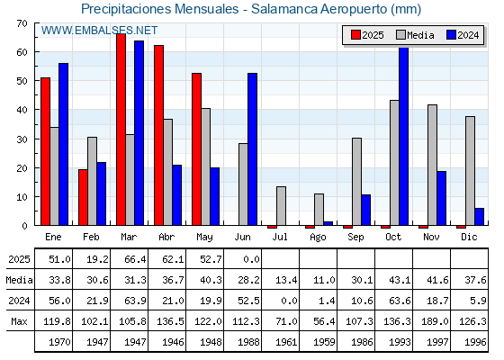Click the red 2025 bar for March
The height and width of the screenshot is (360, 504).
coord(121,130)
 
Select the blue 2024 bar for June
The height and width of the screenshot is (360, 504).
coord(252,149)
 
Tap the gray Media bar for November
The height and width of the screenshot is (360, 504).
coord(432,165)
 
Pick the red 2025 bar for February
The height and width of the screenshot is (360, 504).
coord(83,197)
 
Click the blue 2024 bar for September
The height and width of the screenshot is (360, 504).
coord(365,210)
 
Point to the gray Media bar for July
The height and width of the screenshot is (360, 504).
coord(281,206)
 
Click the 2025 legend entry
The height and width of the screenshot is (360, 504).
coord(367,35)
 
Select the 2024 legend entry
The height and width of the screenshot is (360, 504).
coord(463,35)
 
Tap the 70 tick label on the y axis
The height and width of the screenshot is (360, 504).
coord(22,23)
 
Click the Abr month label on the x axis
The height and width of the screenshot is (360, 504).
coord(166,237)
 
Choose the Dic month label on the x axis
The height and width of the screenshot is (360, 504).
coord(469,237)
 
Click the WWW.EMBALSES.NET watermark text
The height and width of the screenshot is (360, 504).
coord(99,31)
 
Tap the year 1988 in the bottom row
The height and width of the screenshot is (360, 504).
coord(248,342)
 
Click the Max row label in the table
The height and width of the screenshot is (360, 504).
coord(19,321)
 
